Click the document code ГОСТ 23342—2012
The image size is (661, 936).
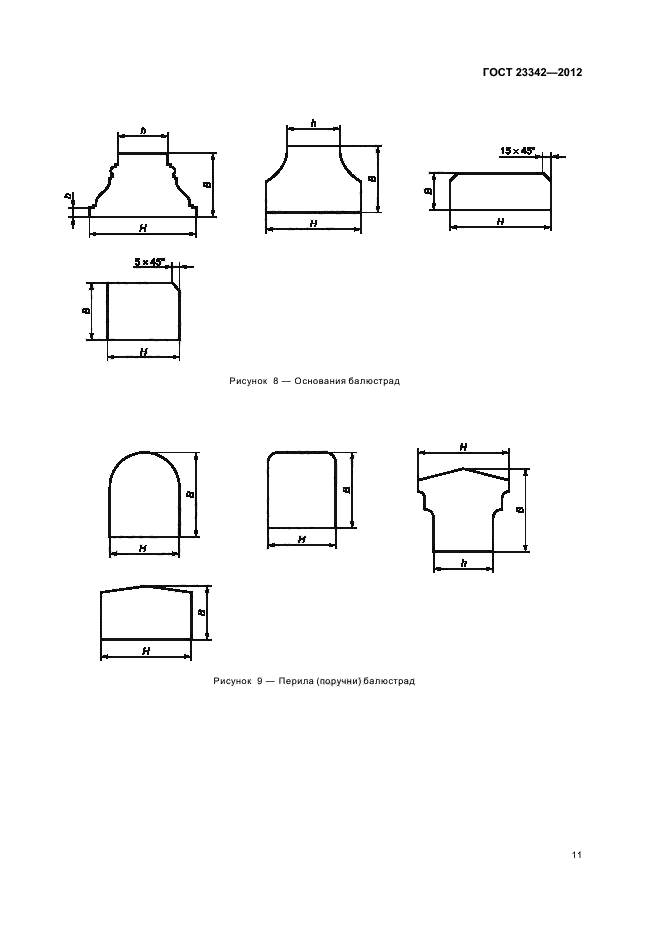[x=531, y=73]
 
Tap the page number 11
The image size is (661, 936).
[x=577, y=855]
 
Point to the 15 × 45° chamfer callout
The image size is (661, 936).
[x=517, y=151]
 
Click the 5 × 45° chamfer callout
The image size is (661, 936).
[x=149, y=261]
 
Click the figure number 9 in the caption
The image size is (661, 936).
[x=260, y=681]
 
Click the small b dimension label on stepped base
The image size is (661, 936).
[x=69, y=196]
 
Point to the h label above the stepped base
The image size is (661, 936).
[x=143, y=130]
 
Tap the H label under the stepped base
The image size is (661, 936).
[x=143, y=227]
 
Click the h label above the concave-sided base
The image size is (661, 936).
[x=313, y=123]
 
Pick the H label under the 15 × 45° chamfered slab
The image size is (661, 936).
[x=500, y=221]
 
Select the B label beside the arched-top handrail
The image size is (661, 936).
[x=190, y=494]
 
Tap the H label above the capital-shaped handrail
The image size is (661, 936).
[x=463, y=447]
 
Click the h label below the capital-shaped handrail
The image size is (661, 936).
[x=464, y=563]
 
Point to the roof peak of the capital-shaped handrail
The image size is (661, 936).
[x=463, y=468]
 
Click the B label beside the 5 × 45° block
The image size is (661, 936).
[x=86, y=311]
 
